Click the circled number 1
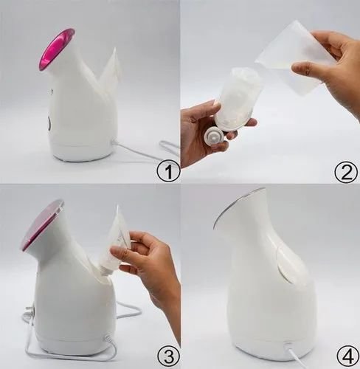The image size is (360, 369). [168, 173]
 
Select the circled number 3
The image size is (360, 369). [168, 357]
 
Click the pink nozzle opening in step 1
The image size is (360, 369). [57, 49]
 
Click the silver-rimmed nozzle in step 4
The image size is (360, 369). [237, 207]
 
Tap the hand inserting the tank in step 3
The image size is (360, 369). [151, 266]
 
